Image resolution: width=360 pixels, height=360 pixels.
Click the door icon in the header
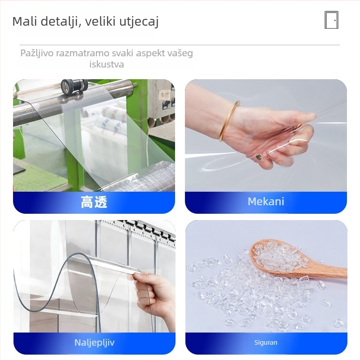[x=331, y=20]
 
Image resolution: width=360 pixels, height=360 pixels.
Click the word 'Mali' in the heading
[x=25, y=21]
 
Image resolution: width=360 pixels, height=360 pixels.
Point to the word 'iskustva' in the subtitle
[x=107, y=64]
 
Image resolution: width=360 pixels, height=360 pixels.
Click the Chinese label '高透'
[x=94, y=202]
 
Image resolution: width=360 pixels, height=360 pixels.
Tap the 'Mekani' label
[x=266, y=202]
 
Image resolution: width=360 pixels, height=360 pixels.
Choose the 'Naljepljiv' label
[x=94, y=342]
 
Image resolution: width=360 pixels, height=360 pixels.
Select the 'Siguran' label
[x=265, y=342]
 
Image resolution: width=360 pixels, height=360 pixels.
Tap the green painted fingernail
[x=258, y=157]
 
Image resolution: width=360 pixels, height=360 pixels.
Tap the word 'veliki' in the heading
[x=100, y=21]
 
